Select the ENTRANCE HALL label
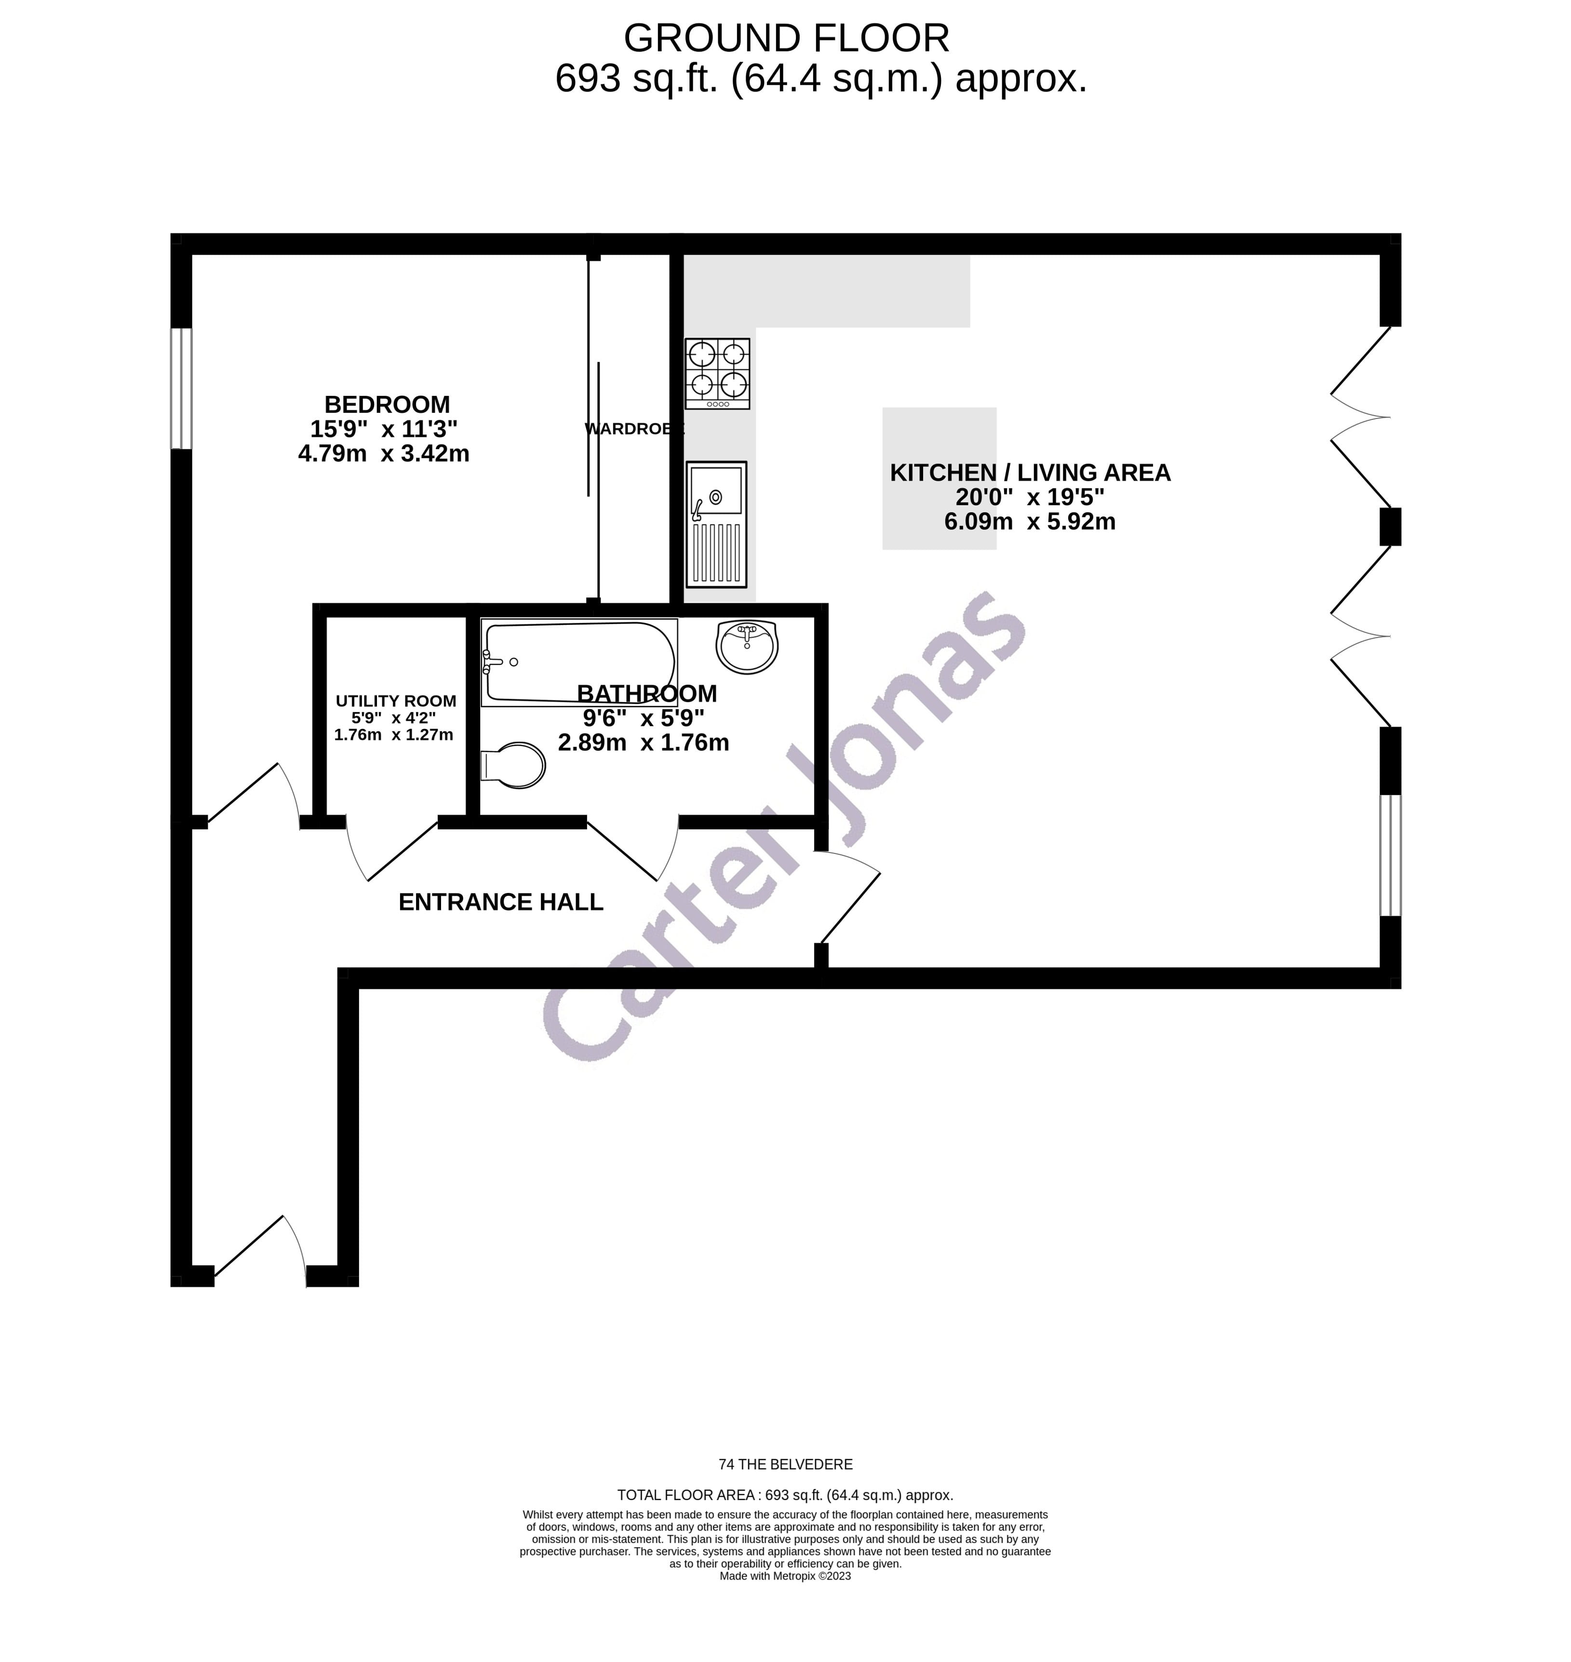(501, 902)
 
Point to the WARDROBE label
(634, 429)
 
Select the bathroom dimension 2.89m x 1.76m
(643, 742)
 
